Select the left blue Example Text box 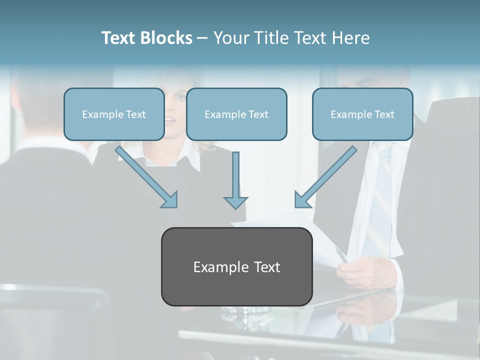pos(114,114)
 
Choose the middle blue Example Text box pos(236,114)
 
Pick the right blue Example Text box pos(362,114)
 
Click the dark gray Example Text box pos(236,267)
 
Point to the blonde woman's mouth pos(170,120)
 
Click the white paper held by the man pos(320,240)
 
